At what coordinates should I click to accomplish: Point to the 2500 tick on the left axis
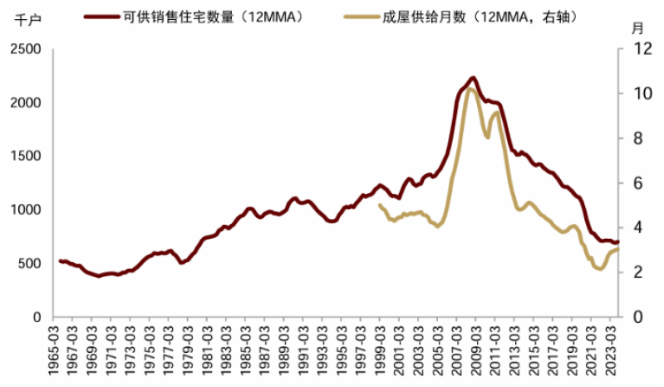pyautogui.click(x=27, y=49)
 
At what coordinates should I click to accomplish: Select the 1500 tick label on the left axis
pyautogui.click(x=27, y=156)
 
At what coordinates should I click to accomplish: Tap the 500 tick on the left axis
pyautogui.click(x=31, y=264)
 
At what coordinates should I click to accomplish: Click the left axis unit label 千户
pyautogui.click(x=27, y=22)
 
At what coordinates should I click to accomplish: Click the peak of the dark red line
pyautogui.click(x=473, y=77)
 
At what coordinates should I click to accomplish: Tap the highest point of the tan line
pyautogui.click(x=470, y=88)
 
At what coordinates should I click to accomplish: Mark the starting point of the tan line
pyautogui.click(x=380, y=205)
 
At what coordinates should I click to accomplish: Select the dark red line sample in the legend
pyautogui.click(x=106, y=17)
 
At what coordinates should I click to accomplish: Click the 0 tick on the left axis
pyautogui.click(x=37, y=317)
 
